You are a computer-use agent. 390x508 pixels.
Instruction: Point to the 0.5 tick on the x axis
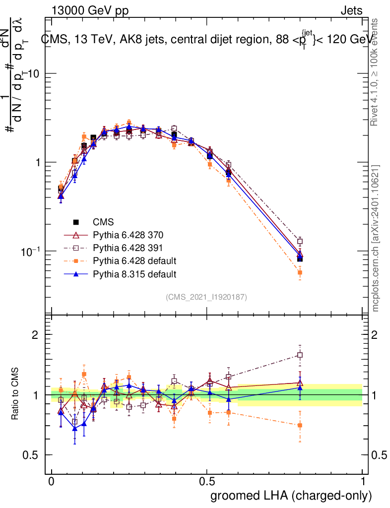tap(207, 482)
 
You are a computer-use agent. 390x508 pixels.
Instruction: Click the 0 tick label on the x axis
tap(52, 482)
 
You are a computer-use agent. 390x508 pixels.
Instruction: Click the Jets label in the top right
tap(351, 10)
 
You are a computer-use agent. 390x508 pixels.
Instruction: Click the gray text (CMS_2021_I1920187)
tap(206, 297)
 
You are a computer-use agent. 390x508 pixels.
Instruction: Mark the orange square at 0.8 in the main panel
tap(300, 273)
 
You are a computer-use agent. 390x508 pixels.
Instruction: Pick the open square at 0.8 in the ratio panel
tap(300, 355)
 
